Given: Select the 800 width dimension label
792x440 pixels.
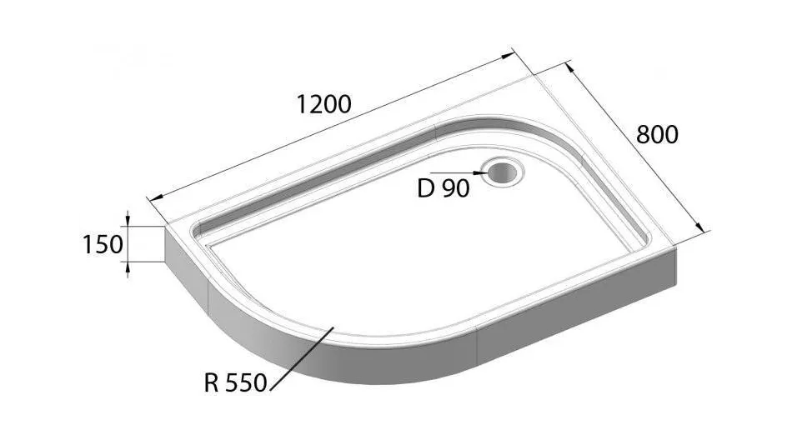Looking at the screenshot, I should coord(657,135).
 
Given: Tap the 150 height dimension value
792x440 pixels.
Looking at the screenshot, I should coord(103,244).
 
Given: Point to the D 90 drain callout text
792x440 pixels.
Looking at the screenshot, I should coord(443,189).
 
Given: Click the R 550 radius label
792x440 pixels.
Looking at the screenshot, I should coord(234,384).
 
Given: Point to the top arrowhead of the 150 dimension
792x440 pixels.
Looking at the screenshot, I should coord(128,222).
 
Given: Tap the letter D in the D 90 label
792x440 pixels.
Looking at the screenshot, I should coord(425,189).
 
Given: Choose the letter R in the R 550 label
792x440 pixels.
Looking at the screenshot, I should coord(212,384).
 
